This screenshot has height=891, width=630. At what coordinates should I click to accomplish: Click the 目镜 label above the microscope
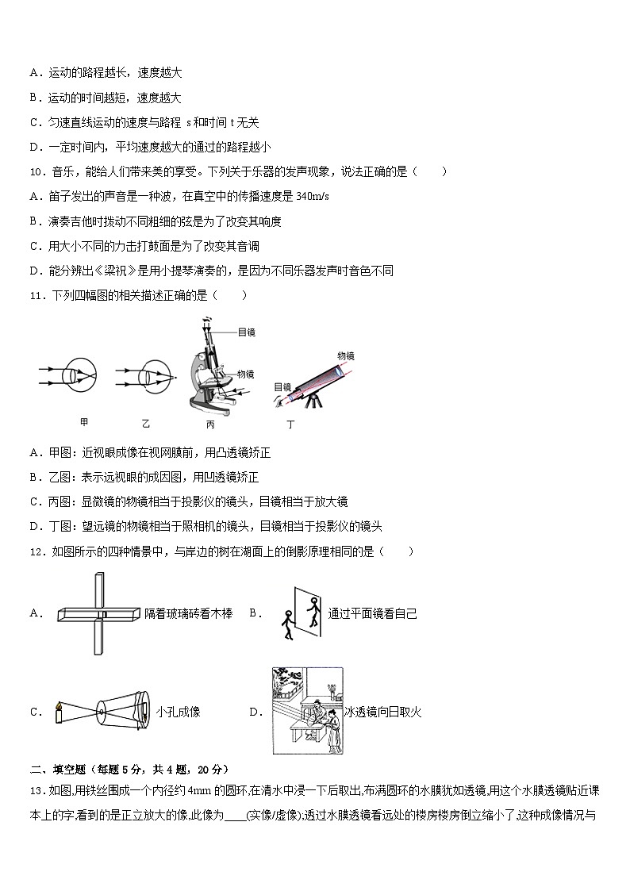[x=246, y=332]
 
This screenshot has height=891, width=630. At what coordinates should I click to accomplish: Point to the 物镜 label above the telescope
[x=346, y=355]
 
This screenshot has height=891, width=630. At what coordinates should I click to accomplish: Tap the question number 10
[x=36, y=171]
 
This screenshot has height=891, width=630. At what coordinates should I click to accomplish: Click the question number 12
[x=36, y=551]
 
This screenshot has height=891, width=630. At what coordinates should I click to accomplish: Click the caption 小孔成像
[x=179, y=712]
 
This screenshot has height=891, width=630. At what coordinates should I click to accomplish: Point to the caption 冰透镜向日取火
[x=383, y=712]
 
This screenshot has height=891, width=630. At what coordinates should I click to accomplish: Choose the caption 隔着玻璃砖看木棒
[x=189, y=613]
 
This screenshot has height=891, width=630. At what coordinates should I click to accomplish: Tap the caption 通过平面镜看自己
[x=372, y=613]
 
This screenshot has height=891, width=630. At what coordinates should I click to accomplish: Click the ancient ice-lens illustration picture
[x=306, y=710]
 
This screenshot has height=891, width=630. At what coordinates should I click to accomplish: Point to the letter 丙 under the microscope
[x=210, y=424]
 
